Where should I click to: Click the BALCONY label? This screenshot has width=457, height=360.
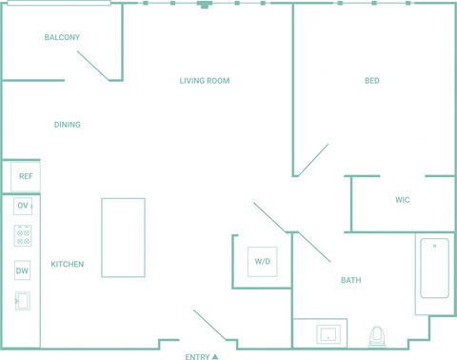tap(62, 37)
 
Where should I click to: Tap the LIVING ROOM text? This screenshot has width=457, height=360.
tap(205, 81)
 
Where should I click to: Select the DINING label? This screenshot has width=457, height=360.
tap(68, 125)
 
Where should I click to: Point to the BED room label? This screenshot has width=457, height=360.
tap(372, 81)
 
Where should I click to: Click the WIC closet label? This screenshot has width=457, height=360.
tap(403, 200)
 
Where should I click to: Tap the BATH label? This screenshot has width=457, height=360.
tap(351, 280)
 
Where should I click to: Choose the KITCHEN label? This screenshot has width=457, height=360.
tap(68, 264)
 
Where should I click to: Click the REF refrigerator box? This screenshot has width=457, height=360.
tap(26, 176)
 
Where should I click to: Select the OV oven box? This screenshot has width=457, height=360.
tap(23, 206)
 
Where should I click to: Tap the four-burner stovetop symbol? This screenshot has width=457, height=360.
tap(23, 236)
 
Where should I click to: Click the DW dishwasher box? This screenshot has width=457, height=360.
tap(22, 270)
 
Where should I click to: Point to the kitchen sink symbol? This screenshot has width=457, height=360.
tap(23, 301)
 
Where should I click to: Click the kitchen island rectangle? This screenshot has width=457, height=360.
tap(124, 238)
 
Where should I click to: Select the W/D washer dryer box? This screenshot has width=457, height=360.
tap(263, 262)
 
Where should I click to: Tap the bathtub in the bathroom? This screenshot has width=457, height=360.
tap(434, 269)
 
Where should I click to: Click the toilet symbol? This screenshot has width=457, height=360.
tap(377, 337)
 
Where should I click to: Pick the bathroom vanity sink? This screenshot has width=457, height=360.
tap(328, 334)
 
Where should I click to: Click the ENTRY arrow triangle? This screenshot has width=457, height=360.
tap(215, 356)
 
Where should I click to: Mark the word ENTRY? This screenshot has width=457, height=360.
tap(197, 357)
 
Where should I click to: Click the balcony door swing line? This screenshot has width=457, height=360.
tap(93, 66)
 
